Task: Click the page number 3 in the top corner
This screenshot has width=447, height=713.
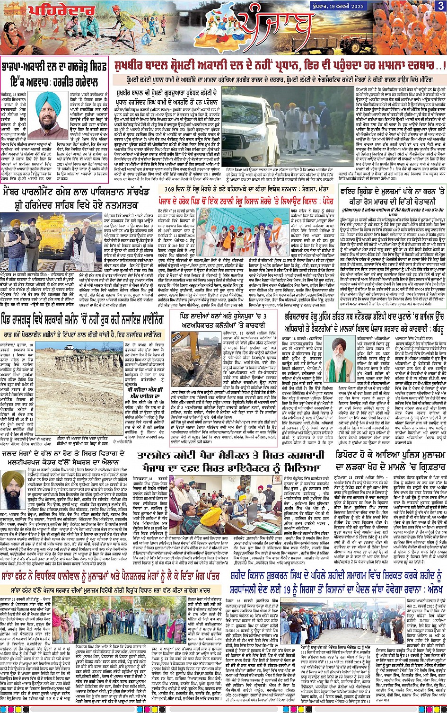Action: pos(440,6)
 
